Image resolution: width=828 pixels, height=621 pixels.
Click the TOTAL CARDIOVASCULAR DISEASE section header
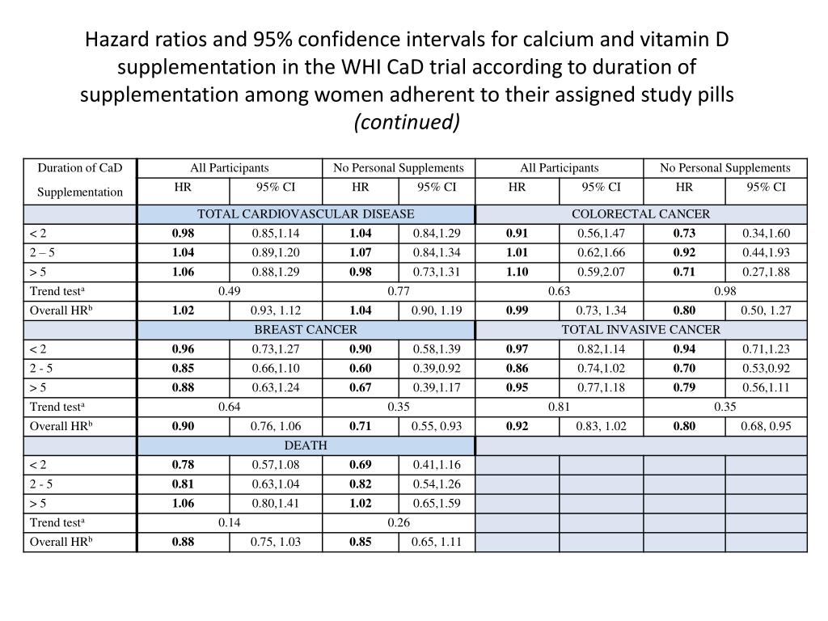[306, 214]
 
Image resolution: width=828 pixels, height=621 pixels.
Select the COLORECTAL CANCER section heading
[640, 214]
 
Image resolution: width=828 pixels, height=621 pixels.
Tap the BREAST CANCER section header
[306, 330]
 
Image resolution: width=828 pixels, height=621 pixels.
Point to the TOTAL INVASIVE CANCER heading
[640, 330]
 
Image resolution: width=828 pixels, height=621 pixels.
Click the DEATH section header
[306, 446]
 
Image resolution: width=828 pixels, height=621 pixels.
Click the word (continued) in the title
[407, 121]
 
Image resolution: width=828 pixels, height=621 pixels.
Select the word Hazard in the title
[123, 39]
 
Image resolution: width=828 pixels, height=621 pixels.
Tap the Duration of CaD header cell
[80, 168]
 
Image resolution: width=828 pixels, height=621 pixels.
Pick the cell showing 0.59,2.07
[601, 272]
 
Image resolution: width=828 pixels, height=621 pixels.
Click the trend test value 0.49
[229, 291]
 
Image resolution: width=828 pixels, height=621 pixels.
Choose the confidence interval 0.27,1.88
[766, 272]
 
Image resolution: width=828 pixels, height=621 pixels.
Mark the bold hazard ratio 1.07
[361, 252]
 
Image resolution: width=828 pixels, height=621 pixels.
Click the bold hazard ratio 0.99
[517, 310]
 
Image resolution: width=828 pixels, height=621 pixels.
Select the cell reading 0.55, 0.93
[437, 426]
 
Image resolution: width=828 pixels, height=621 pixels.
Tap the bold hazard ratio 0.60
[361, 368]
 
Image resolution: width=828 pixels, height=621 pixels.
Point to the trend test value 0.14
[229, 522]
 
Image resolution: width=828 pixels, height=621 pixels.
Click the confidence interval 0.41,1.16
[437, 465]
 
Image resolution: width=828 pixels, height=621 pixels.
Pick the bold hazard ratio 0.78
[183, 465]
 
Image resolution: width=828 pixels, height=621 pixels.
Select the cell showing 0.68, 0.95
[766, 426]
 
